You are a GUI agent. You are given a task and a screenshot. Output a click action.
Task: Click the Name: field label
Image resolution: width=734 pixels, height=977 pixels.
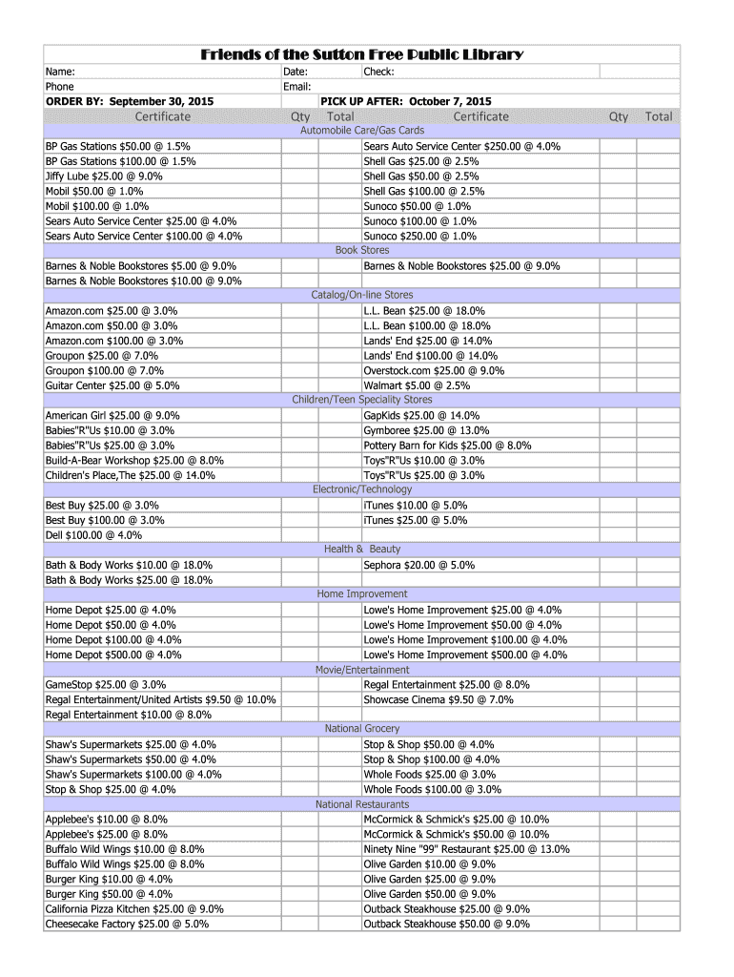tap(60, 72)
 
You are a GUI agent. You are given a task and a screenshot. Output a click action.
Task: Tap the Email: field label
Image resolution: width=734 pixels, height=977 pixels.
tap(297, 87)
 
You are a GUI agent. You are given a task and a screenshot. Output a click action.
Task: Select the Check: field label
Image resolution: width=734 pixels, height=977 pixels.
tap(378, 72)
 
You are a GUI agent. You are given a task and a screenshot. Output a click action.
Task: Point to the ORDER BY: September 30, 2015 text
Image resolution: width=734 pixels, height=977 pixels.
tap(130, 101)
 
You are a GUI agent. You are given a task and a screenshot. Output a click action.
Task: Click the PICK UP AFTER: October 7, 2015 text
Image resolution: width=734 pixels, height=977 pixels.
tap(406, 101)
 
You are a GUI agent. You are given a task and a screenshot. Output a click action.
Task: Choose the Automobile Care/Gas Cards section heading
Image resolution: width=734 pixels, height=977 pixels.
tap(362, 130)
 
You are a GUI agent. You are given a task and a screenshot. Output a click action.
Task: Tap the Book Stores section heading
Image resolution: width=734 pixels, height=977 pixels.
tap(362, 250)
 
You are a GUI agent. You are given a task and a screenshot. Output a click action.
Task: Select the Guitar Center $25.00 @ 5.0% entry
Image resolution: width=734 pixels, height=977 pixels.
tap(112, 385)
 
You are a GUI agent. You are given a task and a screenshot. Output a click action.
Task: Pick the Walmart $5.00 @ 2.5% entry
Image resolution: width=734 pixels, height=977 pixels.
tap(416, 385)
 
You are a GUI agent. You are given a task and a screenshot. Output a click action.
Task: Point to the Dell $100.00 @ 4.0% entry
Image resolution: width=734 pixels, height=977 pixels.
tap(93, 535)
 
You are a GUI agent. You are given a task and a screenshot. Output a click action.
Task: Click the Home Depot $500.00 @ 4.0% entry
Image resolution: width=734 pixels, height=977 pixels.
tap(112, 655)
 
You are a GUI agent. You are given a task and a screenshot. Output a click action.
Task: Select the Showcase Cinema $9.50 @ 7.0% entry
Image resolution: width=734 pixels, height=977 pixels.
tap(438, 699)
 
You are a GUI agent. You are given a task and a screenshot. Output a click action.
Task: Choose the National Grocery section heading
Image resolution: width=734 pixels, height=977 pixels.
tap(362, 729)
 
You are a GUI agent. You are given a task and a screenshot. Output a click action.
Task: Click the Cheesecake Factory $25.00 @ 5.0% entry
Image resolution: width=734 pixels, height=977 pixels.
tap(127, 924)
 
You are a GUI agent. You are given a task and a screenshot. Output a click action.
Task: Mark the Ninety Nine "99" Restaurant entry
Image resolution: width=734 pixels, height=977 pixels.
tap(466, 849)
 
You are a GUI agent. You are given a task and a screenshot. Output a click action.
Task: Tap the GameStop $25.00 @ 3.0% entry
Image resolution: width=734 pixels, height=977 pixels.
tap(106, 685)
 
